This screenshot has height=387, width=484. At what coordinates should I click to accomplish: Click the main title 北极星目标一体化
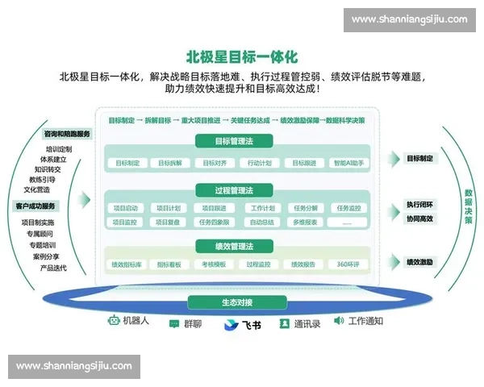242,57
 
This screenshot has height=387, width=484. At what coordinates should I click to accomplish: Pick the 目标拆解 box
169,163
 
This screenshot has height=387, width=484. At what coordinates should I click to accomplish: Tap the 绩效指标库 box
126,264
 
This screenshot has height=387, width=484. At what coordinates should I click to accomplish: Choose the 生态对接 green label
237,302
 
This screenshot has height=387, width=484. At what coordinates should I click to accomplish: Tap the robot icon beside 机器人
113,321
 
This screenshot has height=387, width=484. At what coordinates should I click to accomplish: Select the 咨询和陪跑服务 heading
67,134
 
